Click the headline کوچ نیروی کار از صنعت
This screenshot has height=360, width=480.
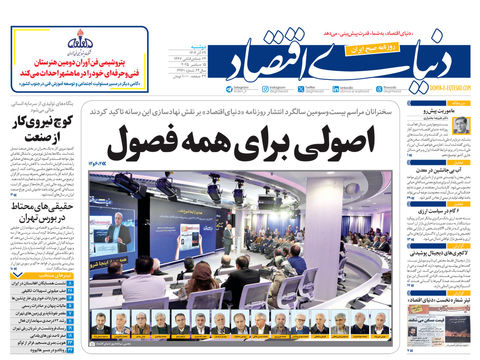39,128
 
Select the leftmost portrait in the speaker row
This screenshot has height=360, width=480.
100,324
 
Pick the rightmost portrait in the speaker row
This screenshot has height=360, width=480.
382,324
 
